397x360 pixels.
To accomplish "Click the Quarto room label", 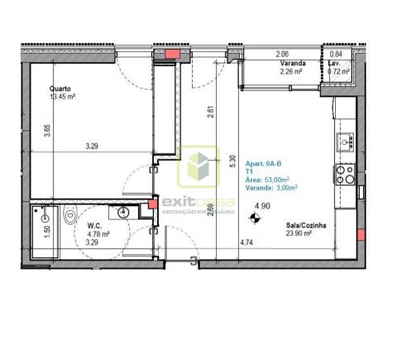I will [59, 88].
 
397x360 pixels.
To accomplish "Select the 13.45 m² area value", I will [63, 97].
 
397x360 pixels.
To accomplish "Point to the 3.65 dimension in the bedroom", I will [47, 131].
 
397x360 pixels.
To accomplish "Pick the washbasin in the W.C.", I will [123, 213].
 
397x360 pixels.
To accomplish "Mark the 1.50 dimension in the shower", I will [47, 231].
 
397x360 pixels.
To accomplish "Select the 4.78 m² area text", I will [98, 233].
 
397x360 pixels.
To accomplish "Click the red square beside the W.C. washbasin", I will [151, 204].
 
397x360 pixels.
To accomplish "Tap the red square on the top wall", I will [173, 55].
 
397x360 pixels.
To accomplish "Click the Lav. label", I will [334, 63].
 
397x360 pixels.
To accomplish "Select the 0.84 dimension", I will [337, 55].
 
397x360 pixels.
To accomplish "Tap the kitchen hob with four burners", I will [343, 174].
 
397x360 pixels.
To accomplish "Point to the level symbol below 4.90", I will [262, 220].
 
